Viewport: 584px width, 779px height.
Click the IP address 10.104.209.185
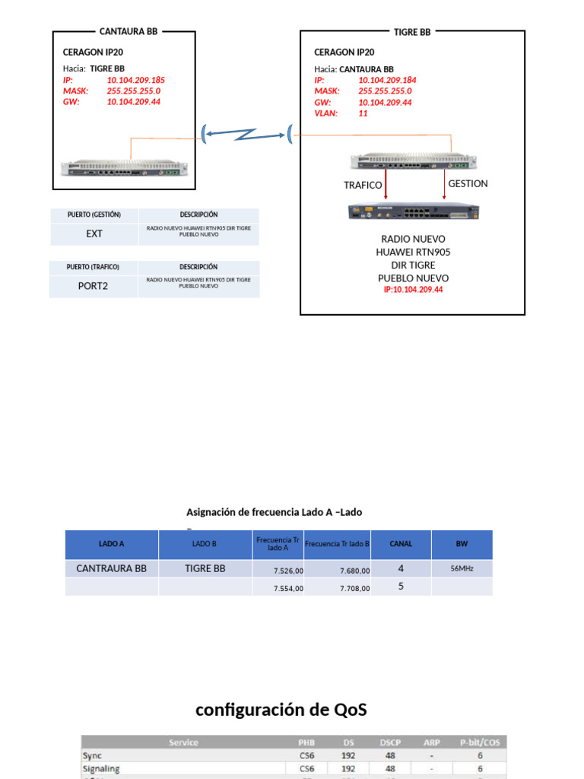click(x=135, y=80)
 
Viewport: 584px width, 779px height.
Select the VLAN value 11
click(x=363, y=113)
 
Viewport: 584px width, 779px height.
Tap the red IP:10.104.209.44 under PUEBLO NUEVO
click(x=413, y=290)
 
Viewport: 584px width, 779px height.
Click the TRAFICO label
click(x=363, y=185)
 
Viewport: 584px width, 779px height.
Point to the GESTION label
click(x=468, y=183)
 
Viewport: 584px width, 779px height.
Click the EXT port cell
click(x=94, y=234)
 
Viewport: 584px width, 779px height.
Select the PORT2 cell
click(x=94, y=286)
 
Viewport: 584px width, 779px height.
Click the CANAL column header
click(x=401, y=544)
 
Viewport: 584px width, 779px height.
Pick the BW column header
click(x=462, y=544)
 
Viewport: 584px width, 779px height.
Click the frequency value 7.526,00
click(x=288, y=570)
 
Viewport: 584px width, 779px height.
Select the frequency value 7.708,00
click(x=354, y=588)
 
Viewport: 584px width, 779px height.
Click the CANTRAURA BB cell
click(x=112, y=568)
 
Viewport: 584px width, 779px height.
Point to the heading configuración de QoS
click(x=281, y=710)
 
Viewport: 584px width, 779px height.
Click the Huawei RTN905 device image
click(x=414, y=212)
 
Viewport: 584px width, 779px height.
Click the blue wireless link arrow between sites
click(x=247, y=135)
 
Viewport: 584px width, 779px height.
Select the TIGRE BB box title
click(x=412, y=32)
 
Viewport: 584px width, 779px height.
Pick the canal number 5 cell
click(x=401, y=587)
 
